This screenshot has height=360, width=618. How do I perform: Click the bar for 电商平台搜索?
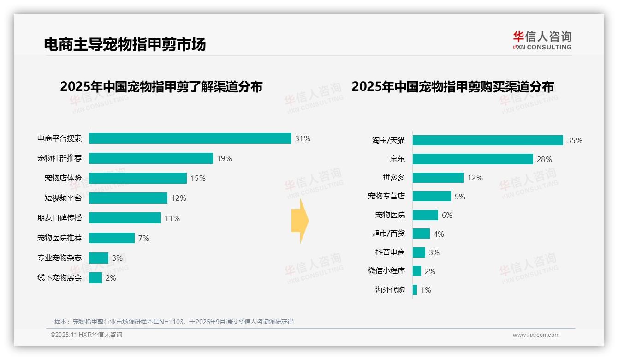[190, 138]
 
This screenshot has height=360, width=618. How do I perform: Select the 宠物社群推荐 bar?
[151, 158]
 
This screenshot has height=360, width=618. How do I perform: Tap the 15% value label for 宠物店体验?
[198, 178]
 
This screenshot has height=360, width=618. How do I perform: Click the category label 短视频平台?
[63, 198]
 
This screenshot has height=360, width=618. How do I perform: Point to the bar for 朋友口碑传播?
[125, 218]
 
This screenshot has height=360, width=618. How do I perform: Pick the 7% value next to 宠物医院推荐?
[143, 238]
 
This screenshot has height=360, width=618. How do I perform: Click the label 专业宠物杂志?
[59, 258]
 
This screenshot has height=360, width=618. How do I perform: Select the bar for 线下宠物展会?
[95, 278]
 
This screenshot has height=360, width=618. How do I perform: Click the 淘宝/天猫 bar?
[487, 140]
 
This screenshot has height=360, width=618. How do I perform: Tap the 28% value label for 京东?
[544, 159]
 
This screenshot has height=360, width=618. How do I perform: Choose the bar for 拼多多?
[438, 178]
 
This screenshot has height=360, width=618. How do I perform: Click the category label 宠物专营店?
[386, 196]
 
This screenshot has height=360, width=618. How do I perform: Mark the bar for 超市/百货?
[421, 234]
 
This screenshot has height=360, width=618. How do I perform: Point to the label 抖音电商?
[390, 252]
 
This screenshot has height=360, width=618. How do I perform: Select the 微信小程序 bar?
[417, 271]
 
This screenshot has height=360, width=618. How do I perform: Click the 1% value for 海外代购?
[426, 290]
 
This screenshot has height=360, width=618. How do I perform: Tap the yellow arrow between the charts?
[300, 221]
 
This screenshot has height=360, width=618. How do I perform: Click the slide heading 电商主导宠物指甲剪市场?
[125, 44]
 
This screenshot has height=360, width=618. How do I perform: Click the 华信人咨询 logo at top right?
[542, 40]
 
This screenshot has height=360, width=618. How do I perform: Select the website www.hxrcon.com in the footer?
[536, 335]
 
